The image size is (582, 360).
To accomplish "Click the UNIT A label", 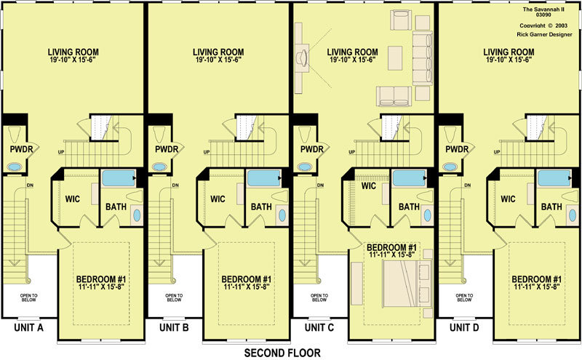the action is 29,328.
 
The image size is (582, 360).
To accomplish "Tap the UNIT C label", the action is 319,328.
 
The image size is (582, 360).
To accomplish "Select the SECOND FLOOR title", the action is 282,353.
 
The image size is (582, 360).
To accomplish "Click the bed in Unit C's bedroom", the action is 407,284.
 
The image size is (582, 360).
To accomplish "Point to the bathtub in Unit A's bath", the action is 119,178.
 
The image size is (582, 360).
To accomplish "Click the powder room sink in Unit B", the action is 159,167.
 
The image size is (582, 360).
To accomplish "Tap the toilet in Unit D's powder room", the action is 451,135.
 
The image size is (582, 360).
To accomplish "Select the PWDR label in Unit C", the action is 312,149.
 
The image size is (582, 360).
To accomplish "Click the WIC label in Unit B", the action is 218,199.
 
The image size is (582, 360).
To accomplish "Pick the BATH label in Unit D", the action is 551,207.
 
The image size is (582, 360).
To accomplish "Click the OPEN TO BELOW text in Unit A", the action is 28,297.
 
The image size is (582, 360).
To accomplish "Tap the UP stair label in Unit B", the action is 207,152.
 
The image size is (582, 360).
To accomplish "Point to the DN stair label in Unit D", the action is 467,185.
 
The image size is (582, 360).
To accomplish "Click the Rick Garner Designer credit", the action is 544,34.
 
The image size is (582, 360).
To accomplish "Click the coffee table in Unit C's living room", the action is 395,58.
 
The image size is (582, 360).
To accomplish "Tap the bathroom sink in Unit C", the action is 428,215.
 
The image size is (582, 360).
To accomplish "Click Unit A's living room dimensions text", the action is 73,60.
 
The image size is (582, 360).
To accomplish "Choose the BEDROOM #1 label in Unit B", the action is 247,279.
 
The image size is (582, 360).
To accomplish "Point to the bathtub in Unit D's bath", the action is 554,178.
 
